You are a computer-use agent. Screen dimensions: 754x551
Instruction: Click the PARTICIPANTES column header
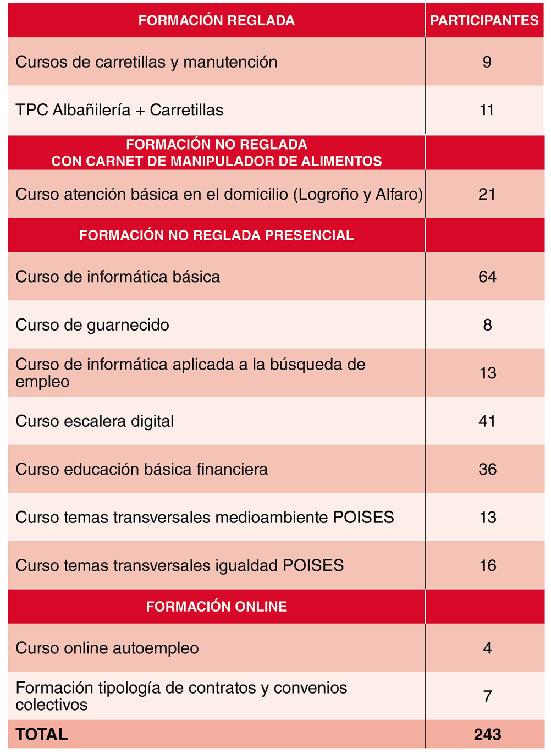[484, 21]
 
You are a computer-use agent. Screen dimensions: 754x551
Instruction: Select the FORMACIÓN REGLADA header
[216, 21]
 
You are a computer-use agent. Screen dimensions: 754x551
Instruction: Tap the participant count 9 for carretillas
[487, 62]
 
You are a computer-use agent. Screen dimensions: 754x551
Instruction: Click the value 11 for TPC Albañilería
[487, 111]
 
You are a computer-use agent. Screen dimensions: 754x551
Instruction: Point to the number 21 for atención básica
[487, 194]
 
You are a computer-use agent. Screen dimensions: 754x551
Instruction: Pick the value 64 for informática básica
[487, 277]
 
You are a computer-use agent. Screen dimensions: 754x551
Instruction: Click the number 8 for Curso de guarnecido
[487, 325]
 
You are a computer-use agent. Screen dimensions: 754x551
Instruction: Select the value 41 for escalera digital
[487, 421]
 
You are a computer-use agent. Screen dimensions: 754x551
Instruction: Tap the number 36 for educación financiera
[487, 469]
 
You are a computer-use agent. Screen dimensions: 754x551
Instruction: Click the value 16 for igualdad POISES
[488, 565]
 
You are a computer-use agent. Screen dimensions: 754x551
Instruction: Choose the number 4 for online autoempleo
[487, 648]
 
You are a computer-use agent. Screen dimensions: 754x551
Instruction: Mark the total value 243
[487, 735]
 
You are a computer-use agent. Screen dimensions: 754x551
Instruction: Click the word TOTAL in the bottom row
[42, 735]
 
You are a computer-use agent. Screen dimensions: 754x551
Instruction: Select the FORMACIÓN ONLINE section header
[216, 607]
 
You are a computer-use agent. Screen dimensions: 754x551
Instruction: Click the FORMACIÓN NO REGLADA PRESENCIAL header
[216, 235]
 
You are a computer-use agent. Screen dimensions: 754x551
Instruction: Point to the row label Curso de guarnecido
[92, 325]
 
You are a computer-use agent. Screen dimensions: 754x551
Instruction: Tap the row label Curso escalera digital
[95, 421]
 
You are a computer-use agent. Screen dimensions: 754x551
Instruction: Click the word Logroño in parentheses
[327, 194]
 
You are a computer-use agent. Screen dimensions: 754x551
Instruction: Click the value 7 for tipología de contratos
[487, 696]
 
